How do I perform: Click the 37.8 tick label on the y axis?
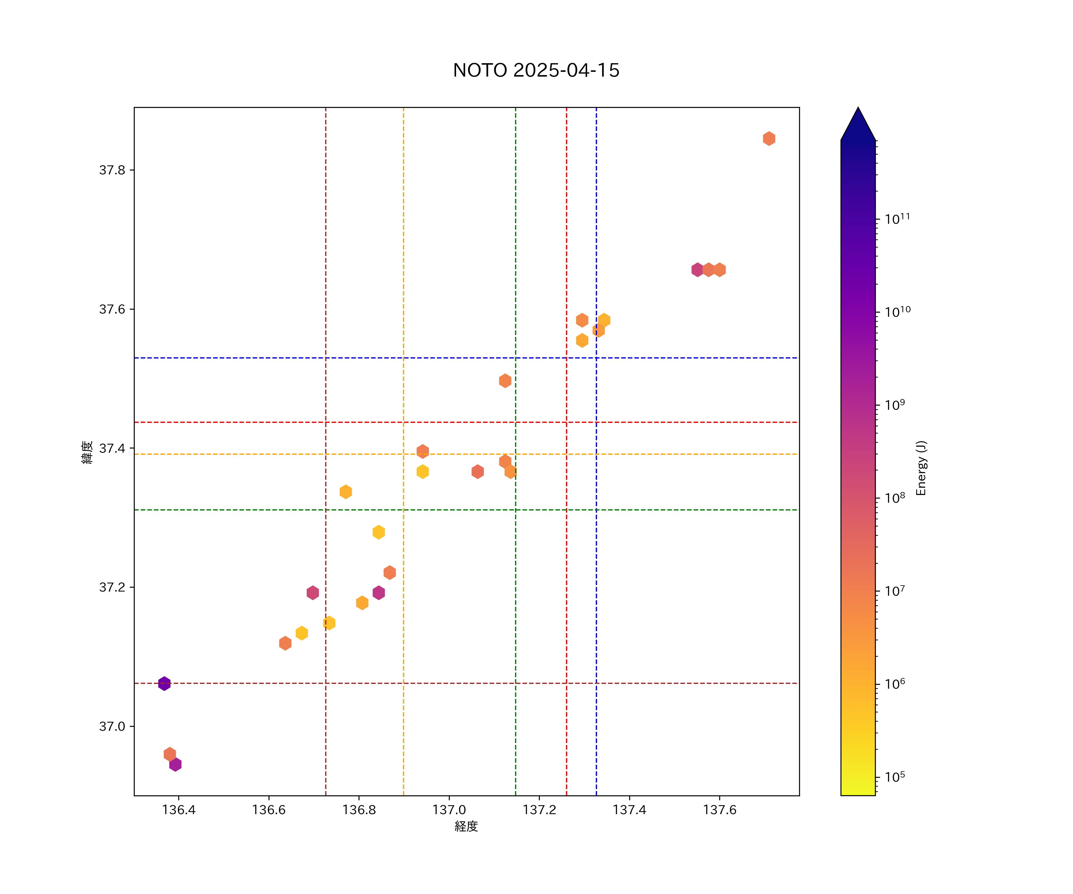112,170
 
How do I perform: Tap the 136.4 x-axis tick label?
179,810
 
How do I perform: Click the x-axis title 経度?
466,826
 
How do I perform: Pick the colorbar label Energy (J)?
921,468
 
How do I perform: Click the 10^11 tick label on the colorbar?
897,219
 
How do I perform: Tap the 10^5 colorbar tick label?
895,777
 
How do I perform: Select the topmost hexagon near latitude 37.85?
769,139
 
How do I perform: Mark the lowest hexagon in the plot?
175,764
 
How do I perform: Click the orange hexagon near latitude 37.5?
505,381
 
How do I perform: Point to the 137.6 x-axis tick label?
720,810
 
